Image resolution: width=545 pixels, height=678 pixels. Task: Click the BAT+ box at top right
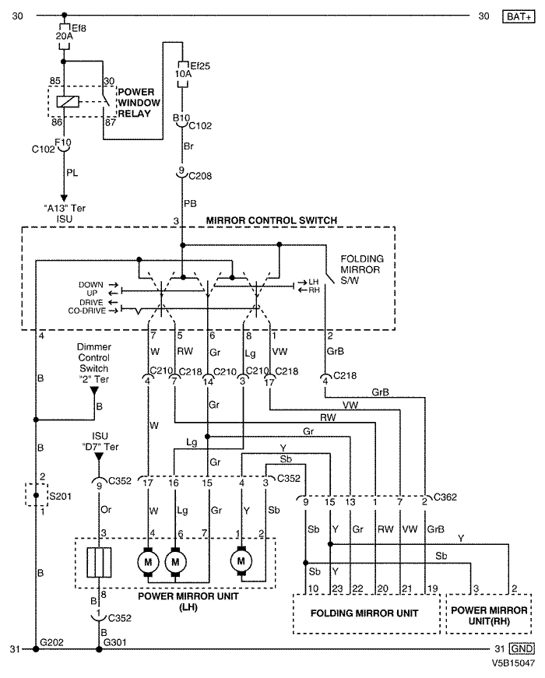[519, 16]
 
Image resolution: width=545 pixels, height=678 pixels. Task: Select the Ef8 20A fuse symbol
[64, 37]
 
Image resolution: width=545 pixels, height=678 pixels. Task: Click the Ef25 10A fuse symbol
[182, 74]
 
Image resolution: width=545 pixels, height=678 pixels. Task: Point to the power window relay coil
[68, 102]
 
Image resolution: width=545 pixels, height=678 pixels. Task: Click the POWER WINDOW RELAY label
[139, 103]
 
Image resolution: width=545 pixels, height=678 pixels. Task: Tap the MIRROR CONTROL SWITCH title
[272, 220]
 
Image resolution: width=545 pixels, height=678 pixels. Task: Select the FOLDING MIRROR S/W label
[361, 269]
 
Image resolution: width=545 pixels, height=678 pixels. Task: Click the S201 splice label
[60, 496]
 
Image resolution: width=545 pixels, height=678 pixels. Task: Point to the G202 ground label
[51, 642]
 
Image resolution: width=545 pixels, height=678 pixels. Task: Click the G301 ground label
[114, 642]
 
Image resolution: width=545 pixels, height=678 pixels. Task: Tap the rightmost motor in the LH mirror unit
[241, 561]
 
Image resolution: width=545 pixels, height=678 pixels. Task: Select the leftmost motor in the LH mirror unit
[148, 562]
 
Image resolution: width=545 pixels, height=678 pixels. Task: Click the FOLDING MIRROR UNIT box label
[364, 613]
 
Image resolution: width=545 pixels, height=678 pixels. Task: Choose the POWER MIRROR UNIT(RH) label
[489, 616]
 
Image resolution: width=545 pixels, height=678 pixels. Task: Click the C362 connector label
[445, 497]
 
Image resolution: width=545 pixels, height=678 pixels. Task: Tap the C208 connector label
[200, 176]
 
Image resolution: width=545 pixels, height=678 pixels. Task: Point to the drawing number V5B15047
[513, 663]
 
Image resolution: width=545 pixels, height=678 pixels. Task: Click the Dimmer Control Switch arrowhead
[94, 391]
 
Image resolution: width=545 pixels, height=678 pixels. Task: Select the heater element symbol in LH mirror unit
[99, 562]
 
